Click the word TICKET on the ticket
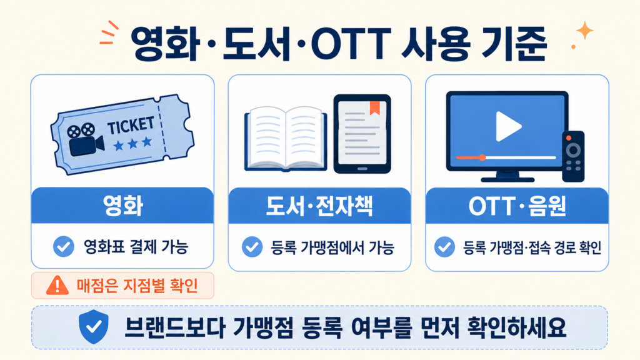point(131,125)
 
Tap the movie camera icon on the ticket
point(85,139)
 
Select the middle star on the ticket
point(132,144)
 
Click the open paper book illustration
point(286,138)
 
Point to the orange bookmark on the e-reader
point(375,107)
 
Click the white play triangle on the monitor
point(508,126)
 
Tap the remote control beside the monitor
point(573,156)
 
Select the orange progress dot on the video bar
point(482,157)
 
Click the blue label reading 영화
point(122,206)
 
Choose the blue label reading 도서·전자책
point(319,206)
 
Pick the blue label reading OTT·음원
point(517,206)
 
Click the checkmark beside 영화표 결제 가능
point(64,246)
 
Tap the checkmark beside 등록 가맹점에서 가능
point(252,247)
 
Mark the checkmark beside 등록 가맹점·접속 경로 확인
point(444,247)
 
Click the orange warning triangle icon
point(57,285)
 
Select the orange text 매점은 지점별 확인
point(137,286)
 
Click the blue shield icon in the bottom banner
point(94,326)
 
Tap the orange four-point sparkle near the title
point(584,31)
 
